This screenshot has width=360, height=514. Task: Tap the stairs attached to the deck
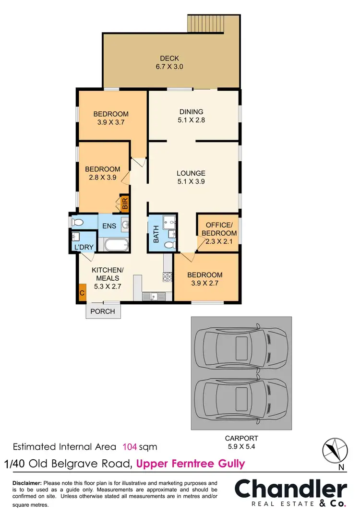pos(205,23)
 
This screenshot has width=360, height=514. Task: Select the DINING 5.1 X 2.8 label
pos(191,116)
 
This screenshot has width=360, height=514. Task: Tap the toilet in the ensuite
pos(76,223)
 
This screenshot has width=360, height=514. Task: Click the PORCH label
pos(103,311)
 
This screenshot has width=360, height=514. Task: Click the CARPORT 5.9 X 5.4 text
pos(241,442)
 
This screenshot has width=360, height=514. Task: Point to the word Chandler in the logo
pos(290,490)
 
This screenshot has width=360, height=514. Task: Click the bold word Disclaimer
pos(27,482)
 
